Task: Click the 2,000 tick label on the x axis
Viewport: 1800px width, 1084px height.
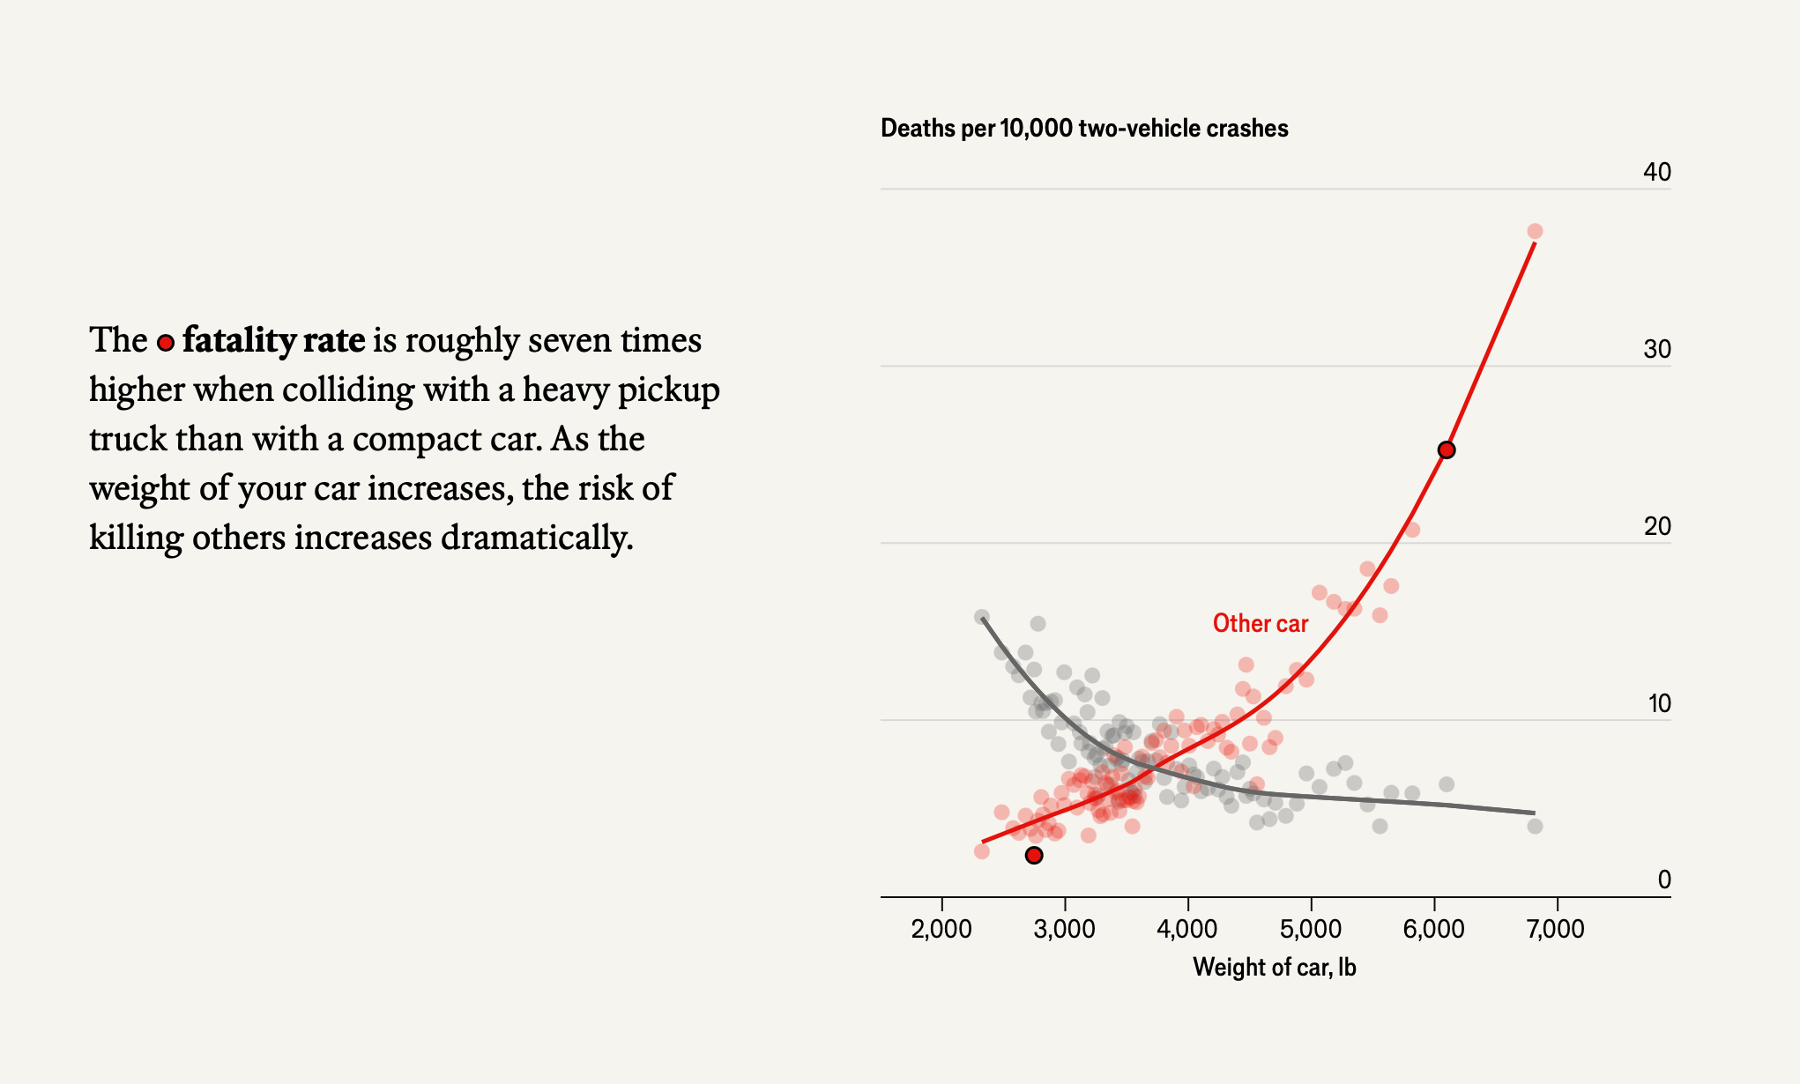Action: click(x=941, y=929)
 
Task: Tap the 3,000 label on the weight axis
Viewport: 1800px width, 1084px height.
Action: click(x=1065, y=929)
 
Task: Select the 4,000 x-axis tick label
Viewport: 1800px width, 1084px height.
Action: click(x=1187, y=929)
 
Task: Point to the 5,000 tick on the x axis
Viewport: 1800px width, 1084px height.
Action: click(x=1311, y=929)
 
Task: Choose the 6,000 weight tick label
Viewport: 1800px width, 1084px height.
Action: click(x=1433, y=929)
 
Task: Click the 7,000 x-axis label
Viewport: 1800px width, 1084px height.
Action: click(x=1556, y=929)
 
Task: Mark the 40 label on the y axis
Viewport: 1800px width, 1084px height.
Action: click(x=1656, y=172)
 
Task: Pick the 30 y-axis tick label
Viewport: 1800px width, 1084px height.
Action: click(x=1656, y=350)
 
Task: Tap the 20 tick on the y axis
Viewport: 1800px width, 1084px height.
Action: click(x=1656, y=527)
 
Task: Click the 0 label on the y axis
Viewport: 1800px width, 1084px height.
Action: click(x=1663, y=880)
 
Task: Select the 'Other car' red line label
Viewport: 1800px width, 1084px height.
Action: click(x=1261, y=624)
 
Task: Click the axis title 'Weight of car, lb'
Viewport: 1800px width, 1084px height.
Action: click(x=1274, y=968)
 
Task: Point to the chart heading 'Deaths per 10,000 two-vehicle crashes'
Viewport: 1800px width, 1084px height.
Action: click(x=1084, y=129)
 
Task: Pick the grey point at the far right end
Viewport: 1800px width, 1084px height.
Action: click(x=1535, y=826)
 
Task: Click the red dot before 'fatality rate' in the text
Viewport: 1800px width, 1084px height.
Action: click(x=166, y=343)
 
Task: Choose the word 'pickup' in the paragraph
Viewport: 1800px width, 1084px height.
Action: click(x=668, y=390)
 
